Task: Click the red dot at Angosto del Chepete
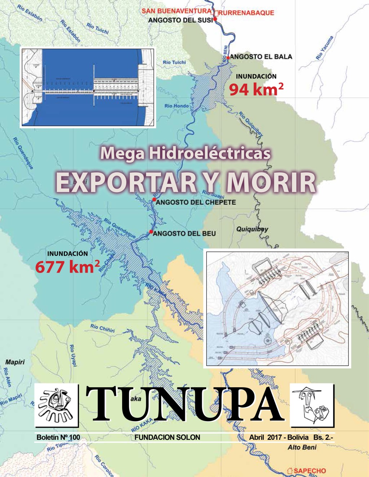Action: (x=154, y=199)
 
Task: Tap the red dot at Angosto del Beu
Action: (x=151, y=231)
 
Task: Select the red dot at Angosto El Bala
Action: (x=228, y=57)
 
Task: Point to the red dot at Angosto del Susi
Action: (x=215, y=19)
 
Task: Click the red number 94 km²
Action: (x=256, y=89)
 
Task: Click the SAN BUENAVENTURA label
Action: (x=176, y=11)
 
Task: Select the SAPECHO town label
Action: (x=310, y=471)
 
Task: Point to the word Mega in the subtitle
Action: (x=122, y=153)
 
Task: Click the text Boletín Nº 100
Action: (x=58, y=437)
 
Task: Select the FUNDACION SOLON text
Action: (x=167, y=437)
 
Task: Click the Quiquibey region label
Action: (x=252, y=229)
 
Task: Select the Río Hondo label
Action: (x=176, y=106)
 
